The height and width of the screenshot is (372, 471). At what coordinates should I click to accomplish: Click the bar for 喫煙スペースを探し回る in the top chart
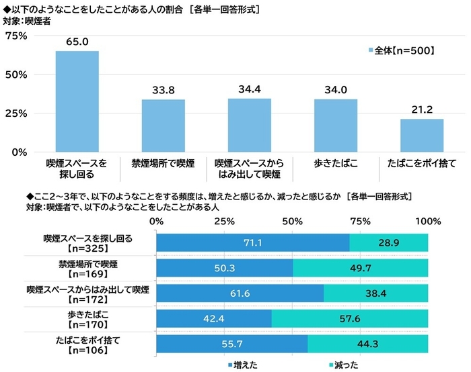(x=77, y=101)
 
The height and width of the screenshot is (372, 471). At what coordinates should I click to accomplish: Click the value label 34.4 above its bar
(x=249, y=89)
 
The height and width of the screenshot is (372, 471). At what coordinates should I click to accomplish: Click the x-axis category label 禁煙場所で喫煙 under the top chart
(x=163, y=162)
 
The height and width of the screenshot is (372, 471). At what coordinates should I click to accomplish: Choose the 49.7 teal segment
(x=361, y=268)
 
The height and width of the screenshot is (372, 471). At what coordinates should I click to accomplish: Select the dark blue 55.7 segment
(x=231, y=344)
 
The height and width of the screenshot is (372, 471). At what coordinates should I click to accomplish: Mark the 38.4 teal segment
(x=376, y=293)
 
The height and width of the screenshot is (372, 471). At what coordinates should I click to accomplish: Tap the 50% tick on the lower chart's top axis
(x=292, y=221)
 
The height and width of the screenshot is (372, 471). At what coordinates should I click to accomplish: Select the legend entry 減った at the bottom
(x=344, y=365)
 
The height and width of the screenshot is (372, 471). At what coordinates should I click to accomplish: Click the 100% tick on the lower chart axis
(x=428, y=221)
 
